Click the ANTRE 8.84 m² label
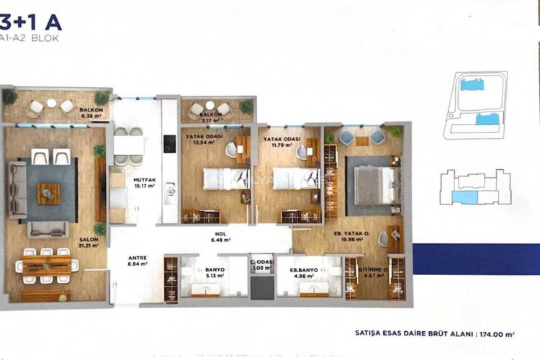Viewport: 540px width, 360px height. pyautogui.click(x=137, y=261)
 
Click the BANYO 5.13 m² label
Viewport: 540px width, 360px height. pyautogui.click(x=212, y=270)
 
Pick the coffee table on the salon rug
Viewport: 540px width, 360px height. pyautogui.click(x=49, y=192)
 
